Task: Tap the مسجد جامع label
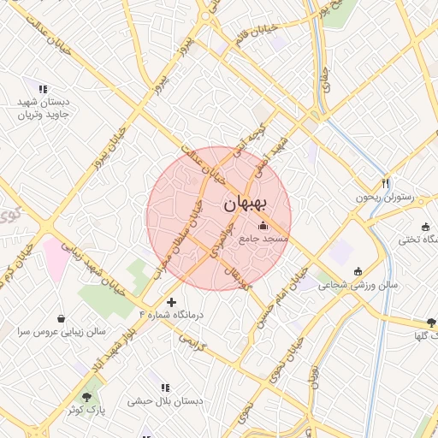(x=263, y=238)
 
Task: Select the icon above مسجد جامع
(x=263, y=226)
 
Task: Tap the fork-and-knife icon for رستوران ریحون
(x=385, y=184)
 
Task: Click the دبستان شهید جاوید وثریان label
(x=44, y=107)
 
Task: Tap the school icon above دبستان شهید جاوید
(x=43, y=88)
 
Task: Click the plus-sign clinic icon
(x=172, y=302)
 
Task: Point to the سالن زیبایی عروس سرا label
(x=59, y=330)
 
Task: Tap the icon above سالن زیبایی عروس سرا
(x=60, y=317)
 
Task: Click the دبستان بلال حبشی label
(x=164, y=400)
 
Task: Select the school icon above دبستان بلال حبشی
(x=164, y=388)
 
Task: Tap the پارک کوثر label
(x=86, y=411)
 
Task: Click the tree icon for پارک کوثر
(x=86, y=397)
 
